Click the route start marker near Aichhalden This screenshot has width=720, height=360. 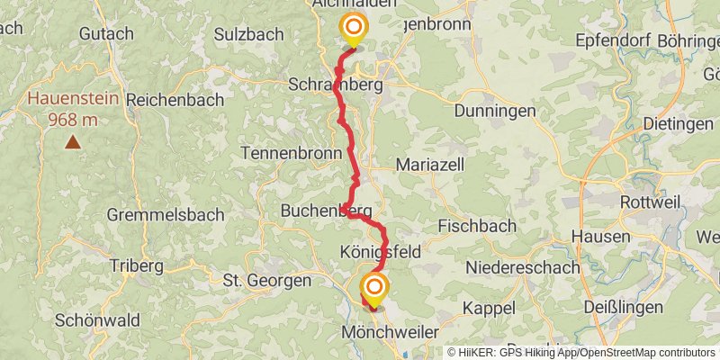click(353, 29)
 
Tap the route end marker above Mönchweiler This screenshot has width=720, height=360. click(373, 290)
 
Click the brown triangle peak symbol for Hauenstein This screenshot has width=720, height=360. click(71, 140)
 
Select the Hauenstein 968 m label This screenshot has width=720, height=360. click(72, 106)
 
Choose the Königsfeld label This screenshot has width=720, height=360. click(382, 249)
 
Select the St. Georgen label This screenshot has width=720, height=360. click(266, 281)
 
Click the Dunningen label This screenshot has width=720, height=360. click(488, 109)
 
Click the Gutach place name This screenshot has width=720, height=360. click(106, 33)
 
